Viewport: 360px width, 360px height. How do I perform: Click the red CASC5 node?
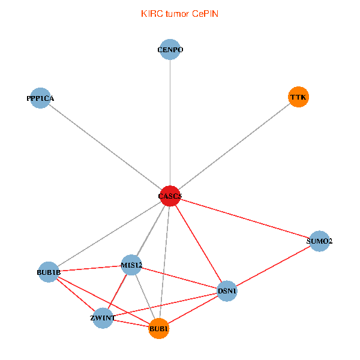170,196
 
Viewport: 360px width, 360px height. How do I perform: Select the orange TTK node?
298,97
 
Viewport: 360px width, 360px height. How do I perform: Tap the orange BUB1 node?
159,328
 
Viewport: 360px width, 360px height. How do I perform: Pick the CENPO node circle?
170,50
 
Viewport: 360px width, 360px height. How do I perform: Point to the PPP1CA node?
40,98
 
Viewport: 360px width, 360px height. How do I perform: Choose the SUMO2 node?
319,241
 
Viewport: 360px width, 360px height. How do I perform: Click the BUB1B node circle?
49,272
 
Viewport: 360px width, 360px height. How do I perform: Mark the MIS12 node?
131,265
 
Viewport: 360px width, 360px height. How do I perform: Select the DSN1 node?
227,291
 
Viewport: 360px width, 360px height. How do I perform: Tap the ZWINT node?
103,318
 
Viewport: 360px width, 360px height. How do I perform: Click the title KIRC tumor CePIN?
179,14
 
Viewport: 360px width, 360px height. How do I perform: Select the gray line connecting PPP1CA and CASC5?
105,147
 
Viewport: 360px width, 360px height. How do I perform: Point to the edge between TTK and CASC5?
234,146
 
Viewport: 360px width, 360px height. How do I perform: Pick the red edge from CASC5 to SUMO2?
245,218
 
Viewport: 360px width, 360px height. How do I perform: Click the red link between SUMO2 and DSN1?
273,266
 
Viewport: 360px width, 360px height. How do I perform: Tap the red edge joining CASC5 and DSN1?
199,244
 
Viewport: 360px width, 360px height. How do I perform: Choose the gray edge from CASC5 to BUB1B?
109,234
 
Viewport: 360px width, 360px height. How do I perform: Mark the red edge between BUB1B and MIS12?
90,269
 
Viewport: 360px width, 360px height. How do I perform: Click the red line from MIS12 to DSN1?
179,278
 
